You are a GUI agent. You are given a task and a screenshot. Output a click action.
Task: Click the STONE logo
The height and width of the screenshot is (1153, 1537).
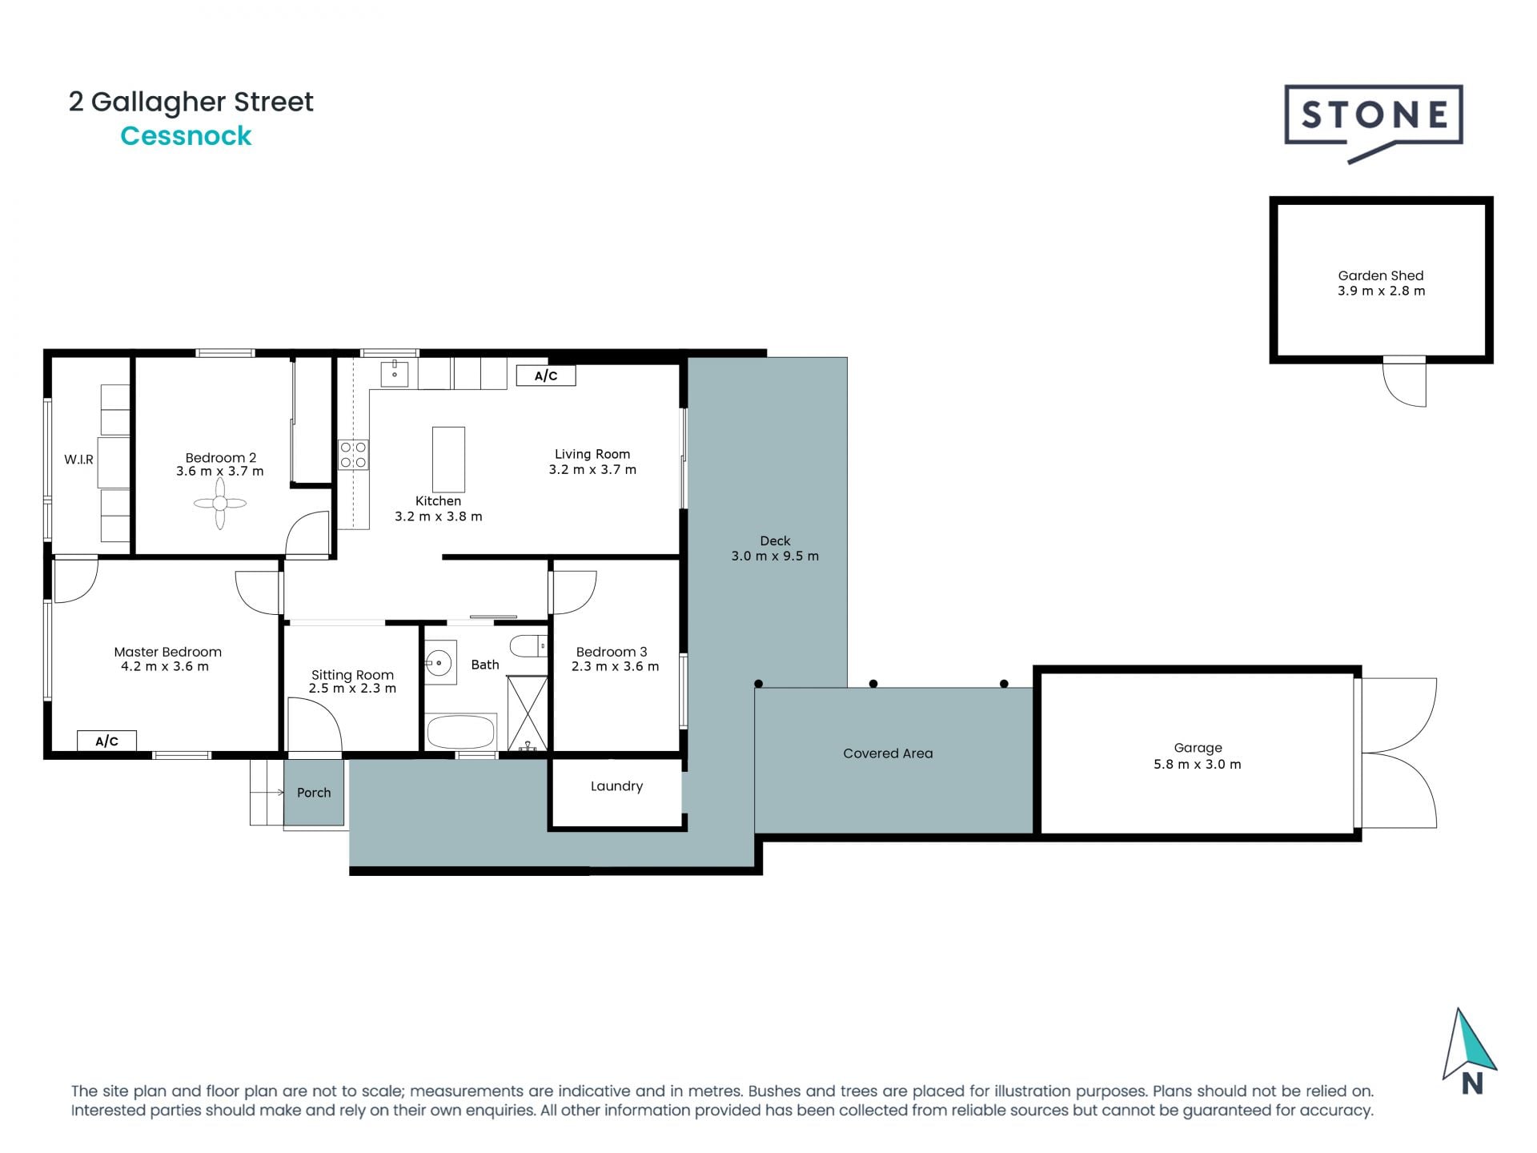coord(1374,117)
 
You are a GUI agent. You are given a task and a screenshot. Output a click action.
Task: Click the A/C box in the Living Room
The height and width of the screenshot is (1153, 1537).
coord(546,376)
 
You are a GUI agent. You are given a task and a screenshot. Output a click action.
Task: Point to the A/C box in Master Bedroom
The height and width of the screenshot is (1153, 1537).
coord(106,741)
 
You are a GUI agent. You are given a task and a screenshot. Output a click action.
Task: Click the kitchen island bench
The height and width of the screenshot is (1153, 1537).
coord(448,459)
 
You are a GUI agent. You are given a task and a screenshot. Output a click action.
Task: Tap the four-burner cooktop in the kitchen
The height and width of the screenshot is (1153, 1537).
coord(353,455)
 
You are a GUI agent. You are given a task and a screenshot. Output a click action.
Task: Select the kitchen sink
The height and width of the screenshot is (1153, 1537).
coord(395,373)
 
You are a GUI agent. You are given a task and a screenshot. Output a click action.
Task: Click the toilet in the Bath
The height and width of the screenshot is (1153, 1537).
coord(528,645)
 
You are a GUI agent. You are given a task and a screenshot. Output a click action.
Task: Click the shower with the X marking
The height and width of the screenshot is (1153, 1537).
coord(527,712)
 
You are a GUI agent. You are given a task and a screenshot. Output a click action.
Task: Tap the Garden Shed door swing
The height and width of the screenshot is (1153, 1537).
coord(1406,384)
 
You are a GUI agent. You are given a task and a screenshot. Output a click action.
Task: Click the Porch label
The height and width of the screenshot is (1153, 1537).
coord(314,793)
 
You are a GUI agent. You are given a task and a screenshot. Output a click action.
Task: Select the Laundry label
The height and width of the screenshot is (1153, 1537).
coord(616,786)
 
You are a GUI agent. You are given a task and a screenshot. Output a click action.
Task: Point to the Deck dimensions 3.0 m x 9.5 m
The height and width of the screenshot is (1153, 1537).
coord(775,556)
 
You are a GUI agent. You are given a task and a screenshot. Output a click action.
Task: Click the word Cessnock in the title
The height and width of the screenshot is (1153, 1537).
coord(186,136)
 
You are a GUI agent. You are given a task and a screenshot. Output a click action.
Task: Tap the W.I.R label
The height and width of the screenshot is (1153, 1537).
coord(78,460)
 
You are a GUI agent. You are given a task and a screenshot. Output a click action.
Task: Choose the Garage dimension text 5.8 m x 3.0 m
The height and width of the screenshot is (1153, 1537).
coord(1197,765)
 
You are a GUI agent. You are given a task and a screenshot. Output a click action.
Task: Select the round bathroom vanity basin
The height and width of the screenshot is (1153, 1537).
coord(438,662)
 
